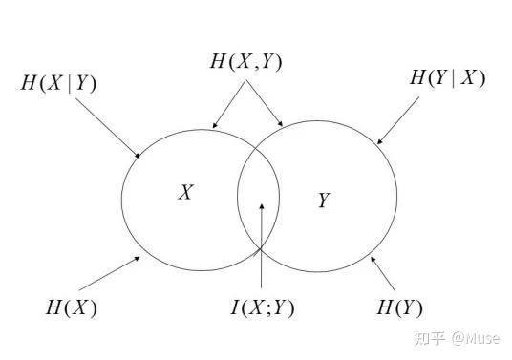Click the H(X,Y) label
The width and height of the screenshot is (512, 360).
click(x=245, y=61)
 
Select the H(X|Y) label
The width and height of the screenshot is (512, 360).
click(x=58, y=83)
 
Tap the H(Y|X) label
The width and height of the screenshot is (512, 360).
click(x=447, y=77)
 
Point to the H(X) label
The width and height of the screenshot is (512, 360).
click(x=72, y=307)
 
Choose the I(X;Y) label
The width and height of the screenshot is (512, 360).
click(x=262, y=307)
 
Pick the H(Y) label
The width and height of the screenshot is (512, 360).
click(x=399, y=307)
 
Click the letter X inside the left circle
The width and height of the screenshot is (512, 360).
click(x=186, y=192)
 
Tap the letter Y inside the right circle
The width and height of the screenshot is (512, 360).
click(x=324, y=200)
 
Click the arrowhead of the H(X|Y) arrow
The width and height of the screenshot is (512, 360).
click(x=138, y=156)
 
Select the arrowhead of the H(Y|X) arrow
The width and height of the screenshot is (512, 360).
click(x=380, y=141)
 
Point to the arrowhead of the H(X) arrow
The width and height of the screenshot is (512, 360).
click(x=138, y=259)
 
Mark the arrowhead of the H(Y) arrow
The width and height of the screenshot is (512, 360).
click(x=373, y=260)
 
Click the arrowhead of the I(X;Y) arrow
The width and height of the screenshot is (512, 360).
click(x=262, y=206)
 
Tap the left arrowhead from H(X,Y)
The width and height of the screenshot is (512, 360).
click(x=215, y=125)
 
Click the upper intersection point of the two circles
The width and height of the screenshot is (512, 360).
click(x=256, y=149)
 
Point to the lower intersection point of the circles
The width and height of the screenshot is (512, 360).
click(x=261, y=249)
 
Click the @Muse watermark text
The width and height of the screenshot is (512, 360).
click(x=476, y=338)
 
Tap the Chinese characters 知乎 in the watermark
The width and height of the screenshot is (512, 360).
click(x=430, y=338)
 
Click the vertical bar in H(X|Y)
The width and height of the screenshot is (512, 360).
click(x=70, y=83)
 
